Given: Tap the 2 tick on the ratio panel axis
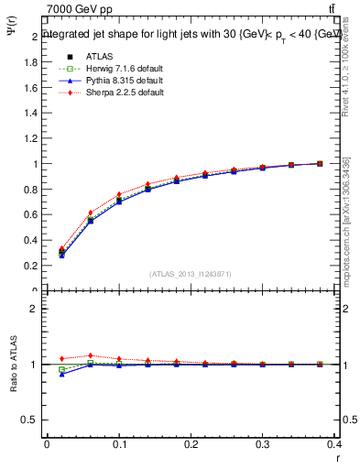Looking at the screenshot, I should point(35,309).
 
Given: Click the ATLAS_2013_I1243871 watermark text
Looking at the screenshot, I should point(191,274).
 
